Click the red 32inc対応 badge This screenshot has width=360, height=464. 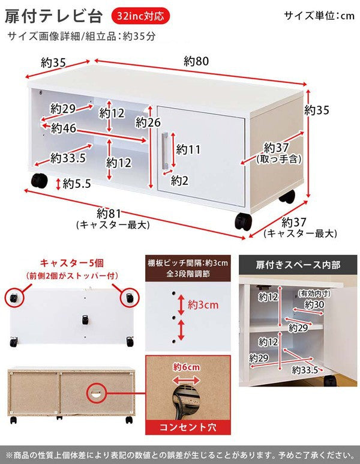click(x=140, y=16)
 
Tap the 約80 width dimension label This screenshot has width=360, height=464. click(x=196, y=61)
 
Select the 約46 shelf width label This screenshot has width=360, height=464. click(x=64, y=128)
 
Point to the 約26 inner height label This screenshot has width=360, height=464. click(x=148, y=122)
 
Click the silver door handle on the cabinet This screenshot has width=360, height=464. click(x=165, y=151)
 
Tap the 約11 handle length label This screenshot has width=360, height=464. click(x=188, y=149)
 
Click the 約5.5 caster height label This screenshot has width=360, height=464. click(x=77, y=184)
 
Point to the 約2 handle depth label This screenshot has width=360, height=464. click(x=179, y=181)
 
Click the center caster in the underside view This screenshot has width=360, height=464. click(x=85, y=319)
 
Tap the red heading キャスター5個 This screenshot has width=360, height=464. click(x=72, y=263)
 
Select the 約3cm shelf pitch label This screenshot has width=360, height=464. click(x=203, y=304)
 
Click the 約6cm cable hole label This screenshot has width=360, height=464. click(x=187, y=367)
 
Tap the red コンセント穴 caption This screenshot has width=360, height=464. click(x=188, y=427)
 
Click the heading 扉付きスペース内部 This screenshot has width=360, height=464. click(x=298, y=265)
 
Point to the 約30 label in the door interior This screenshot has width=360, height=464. click(x=314, y=304)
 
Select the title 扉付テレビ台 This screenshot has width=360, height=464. click(x=54, y=16)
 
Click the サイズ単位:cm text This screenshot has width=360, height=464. click(x=319, y=16)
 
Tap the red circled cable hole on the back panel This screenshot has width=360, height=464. click(x=96, y=393)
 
